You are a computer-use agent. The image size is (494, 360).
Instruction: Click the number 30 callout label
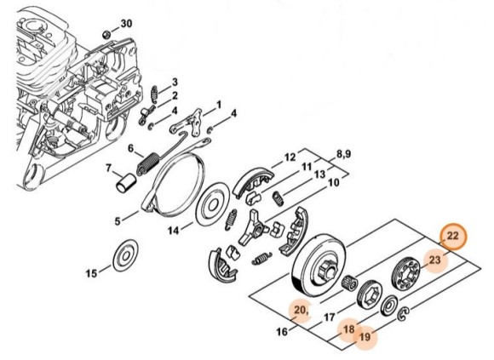[x=126, y=24]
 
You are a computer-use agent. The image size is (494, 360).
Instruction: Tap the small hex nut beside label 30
[x=106, y=34]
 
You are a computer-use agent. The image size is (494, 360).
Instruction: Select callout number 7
[x=109, y=168]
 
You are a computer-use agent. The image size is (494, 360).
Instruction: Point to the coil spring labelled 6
[x=147, y=163]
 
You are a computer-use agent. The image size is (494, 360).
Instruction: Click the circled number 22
[x=453, y=236]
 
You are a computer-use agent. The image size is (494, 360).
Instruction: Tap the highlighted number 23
[x=434, y=260]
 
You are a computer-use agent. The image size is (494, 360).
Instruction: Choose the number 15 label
[x=92, y=273]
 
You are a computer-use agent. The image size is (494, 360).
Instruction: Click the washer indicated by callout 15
[x=125, y=255]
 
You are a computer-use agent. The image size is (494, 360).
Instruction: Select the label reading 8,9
[x=344, y=155]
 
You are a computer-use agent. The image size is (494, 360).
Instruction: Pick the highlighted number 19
[x=365, y=337]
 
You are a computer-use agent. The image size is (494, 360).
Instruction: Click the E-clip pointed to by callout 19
[x=400, y=316]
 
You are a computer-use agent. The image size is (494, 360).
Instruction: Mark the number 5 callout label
[x=118, y=221]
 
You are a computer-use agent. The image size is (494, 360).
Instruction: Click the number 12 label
[x=290, y=157]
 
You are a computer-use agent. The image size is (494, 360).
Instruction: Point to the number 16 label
[x=282, y=331]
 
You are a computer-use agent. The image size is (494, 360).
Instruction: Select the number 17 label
[x=330, y=317]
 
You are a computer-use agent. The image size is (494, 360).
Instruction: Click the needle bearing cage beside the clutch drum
[x=350, y=281]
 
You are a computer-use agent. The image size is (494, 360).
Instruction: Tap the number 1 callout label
[x=218, y=105]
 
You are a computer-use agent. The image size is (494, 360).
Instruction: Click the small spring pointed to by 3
[x=154, y=94]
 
